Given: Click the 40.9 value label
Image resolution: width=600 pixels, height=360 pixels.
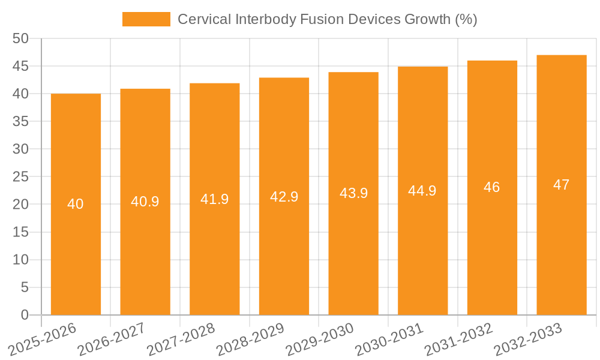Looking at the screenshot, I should [145, 202].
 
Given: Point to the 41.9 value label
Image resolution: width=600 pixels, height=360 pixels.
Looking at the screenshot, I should [214, 199].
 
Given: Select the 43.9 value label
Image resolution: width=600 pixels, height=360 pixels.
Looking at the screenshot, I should [353, 193].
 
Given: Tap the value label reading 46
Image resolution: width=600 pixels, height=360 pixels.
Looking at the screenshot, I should [492, 187].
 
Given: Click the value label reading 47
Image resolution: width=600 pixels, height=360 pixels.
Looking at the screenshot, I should [562, 185].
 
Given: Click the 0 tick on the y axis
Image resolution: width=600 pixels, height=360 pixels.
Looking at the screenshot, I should [25, 315].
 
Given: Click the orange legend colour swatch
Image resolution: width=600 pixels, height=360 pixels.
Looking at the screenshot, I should [146, 19].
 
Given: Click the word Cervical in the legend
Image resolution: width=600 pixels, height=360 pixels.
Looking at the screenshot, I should [202, 19].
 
